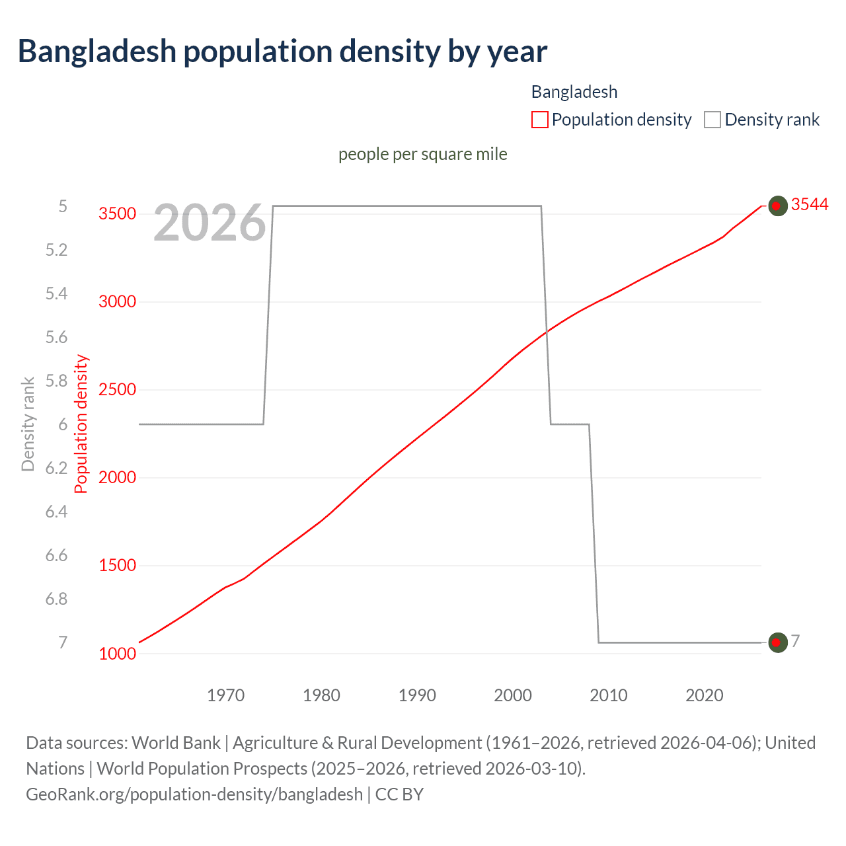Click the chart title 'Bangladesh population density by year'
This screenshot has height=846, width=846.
282,52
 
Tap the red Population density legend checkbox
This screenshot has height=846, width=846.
539,120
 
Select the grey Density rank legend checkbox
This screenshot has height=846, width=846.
712,120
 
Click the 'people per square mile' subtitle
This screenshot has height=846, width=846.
422,154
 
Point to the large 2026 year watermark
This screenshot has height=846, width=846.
210,223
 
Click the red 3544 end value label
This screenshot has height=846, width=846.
809,205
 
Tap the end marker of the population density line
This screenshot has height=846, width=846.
777,206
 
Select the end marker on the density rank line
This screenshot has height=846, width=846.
777,642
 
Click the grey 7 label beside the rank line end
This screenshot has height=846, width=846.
795,641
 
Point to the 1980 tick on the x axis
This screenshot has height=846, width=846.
321,695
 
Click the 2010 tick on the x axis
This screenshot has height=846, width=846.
608,695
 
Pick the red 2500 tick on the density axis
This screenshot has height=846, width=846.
117,389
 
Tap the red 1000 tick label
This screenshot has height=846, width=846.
117,654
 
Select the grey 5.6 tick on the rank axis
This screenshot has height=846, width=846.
56,337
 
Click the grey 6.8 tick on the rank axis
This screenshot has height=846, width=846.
56,599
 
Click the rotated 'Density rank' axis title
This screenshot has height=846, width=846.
28,424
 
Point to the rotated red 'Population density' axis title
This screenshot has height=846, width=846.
81,424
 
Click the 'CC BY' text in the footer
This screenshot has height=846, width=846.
399,794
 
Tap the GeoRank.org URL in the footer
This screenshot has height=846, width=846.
194,794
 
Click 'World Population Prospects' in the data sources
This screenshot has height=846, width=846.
202,769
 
